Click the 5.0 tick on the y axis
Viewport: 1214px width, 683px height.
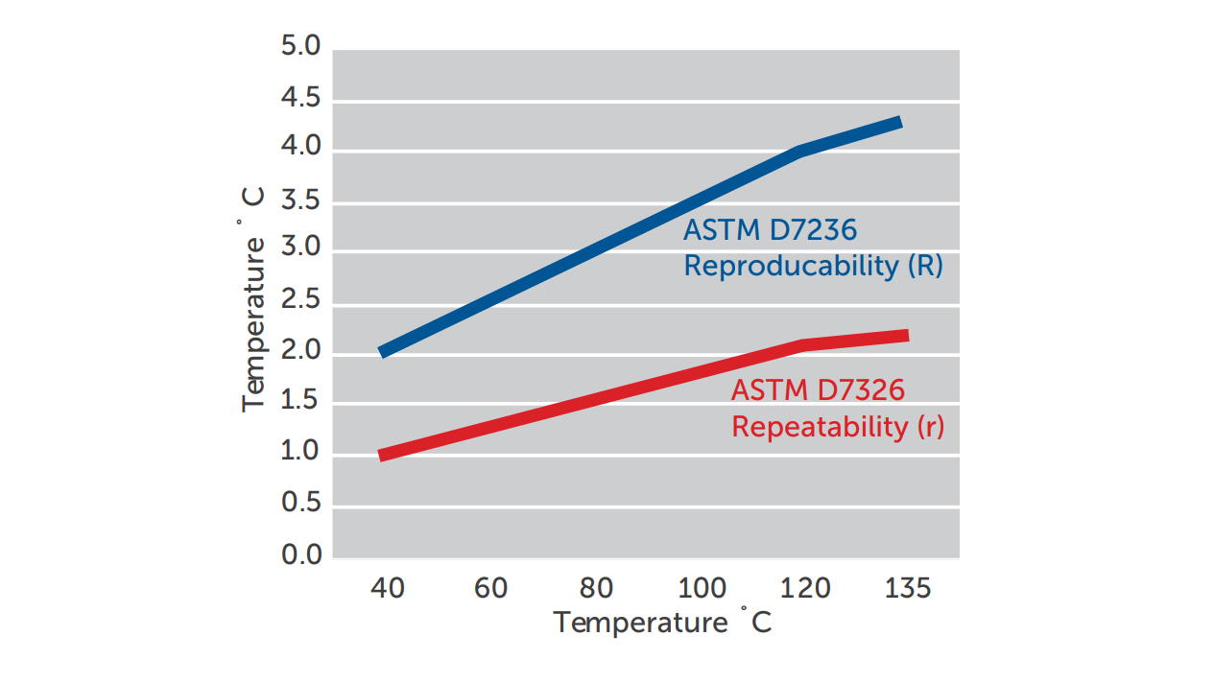(300, 47)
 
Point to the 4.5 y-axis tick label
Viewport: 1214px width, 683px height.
(300, 98)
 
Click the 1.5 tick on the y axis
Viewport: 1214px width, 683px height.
(300, 402)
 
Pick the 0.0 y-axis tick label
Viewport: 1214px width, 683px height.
(300, 554)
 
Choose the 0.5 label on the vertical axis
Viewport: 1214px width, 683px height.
(300, 504)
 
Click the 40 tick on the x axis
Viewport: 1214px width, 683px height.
(388, 587)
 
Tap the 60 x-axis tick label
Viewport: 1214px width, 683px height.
(490, 587)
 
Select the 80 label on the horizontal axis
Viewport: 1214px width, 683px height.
(596, 587)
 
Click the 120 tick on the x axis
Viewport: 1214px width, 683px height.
(805, 587)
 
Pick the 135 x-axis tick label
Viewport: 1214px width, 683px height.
(907, 587)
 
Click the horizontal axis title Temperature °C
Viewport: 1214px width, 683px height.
(662, 623)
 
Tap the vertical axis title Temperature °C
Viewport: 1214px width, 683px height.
(252, 299)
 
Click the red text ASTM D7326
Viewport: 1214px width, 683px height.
(818, 390)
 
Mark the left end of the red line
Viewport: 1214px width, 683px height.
(383, 456)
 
